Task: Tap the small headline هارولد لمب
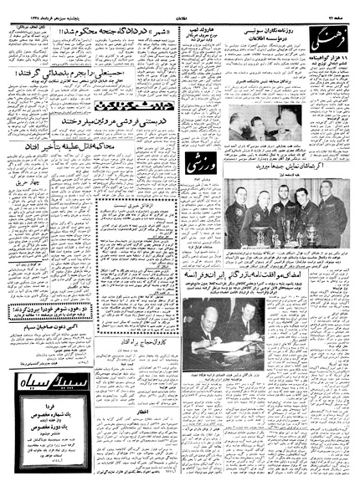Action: pos(207,30)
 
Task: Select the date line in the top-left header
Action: pos(46,10)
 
